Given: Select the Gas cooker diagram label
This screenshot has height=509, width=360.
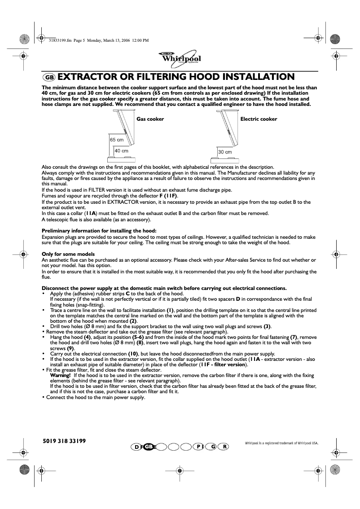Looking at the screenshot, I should (150, 119).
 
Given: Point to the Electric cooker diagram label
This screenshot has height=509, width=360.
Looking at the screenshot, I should (259, 119).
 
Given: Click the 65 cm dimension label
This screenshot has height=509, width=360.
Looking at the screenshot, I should (117, 140).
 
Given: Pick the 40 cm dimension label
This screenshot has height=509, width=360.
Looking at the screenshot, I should (121, 151).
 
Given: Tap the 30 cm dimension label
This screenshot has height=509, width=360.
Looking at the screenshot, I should (225, 152).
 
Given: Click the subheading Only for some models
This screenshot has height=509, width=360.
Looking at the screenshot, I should (68, 254).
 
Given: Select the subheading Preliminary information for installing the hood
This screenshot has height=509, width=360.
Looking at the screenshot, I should (99, 231).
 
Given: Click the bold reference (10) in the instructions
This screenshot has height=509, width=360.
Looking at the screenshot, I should (133, 354).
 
